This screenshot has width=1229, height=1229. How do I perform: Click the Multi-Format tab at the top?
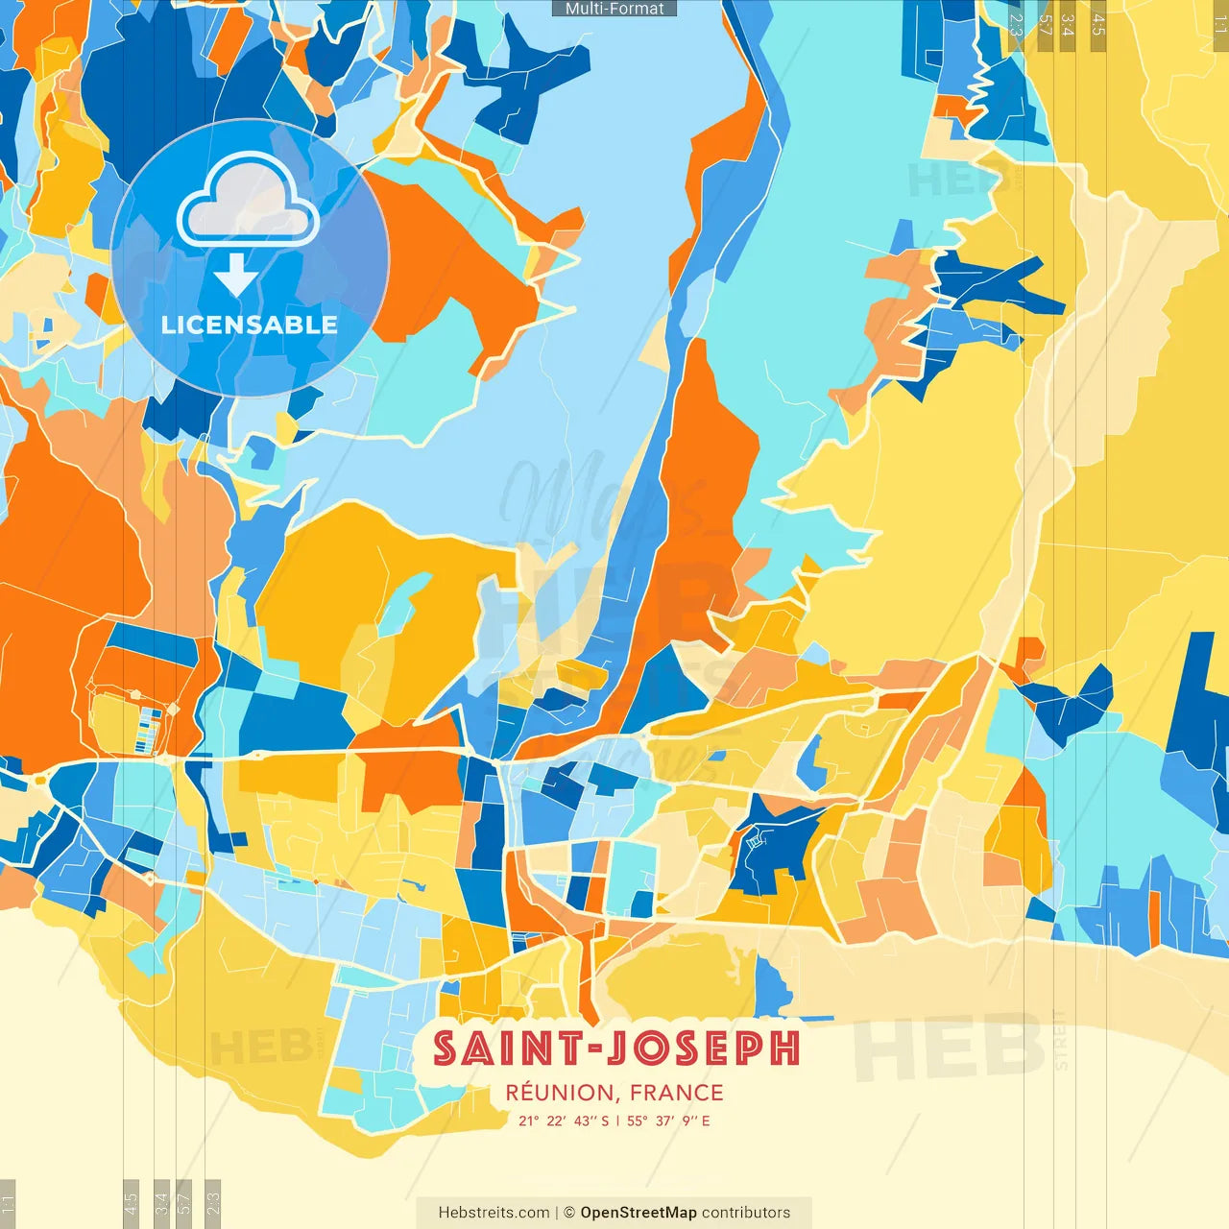[x=614, y=9]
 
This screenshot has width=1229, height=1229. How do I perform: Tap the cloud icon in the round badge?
[x=248, y=202]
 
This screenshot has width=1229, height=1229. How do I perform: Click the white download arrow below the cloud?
[x=236, y=274]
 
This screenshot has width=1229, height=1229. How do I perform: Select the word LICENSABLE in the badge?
[x=250, y=325]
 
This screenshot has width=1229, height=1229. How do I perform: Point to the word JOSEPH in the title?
[x=706, y=1048]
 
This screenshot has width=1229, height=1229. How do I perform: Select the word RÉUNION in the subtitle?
[x=560, y=1093]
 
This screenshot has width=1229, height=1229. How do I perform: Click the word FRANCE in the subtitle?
[x=677, y=1093]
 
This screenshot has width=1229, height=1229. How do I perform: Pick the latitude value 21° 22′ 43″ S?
[x=564, y=1121]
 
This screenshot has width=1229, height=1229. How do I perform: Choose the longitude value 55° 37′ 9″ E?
[x=669, y=1121]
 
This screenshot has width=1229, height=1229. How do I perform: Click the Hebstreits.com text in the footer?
[x=494, y=1213]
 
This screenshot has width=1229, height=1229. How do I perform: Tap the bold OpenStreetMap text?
[x=639, y=1213]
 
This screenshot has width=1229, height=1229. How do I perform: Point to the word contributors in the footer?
[x=746, y=1213]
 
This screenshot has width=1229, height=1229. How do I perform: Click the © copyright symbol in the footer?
[x=568, y=1213]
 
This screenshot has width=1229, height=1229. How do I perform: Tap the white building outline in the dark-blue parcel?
[x=756, y=841]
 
